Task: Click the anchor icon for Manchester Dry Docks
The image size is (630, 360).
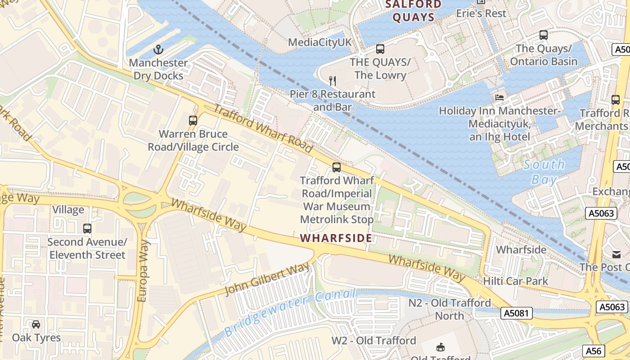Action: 158,49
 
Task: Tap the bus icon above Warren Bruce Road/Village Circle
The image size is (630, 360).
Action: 193,121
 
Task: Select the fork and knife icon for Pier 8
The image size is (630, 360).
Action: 333,81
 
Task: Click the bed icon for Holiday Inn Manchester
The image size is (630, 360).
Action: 499,97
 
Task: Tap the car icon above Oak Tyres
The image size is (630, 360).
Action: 36,324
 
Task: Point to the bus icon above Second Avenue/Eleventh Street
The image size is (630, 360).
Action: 87,229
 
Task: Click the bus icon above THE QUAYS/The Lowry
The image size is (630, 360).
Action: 380,49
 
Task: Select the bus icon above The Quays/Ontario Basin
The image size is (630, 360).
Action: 544,35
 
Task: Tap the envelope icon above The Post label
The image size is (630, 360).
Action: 616,254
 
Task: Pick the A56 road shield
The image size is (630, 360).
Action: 594,351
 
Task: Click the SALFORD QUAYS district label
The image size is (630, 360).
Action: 414,11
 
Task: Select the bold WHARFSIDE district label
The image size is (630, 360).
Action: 336,238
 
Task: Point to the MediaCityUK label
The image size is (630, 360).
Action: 319,42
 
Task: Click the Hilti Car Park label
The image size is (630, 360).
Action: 516,281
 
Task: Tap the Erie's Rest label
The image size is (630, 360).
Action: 481,13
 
